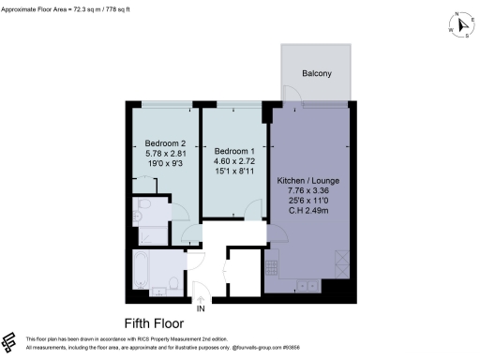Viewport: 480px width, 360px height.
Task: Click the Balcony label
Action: coord(316,74)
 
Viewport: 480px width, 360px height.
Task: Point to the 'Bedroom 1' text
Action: coord(234,152)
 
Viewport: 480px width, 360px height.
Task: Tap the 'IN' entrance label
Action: coord(201,307)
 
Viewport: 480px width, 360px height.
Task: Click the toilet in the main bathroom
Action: coord(174,282)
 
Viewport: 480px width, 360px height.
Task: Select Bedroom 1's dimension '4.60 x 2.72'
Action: coord(234,162)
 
